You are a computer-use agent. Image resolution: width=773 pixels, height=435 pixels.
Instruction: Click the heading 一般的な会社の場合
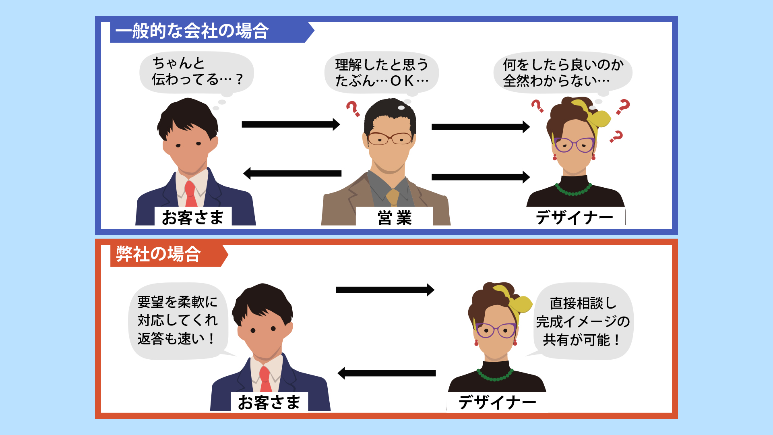click(192, 31)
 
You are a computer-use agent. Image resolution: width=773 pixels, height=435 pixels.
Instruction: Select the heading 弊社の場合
click(158, 255)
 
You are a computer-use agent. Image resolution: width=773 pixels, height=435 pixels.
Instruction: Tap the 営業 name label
click(394, 217)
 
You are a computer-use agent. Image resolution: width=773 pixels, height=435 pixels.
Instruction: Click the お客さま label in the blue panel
click(192, 217)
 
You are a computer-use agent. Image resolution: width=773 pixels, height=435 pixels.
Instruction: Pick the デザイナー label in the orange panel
click(497, 402)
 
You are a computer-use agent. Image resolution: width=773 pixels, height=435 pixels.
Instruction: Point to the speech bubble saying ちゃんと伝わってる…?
click(196, 72)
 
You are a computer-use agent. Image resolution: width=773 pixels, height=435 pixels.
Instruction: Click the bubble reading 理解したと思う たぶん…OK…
click(381, 72)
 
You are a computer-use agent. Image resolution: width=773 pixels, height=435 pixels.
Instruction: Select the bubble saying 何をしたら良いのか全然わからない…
click(562, 72)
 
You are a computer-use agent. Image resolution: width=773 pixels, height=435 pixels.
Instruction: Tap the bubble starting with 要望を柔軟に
click(178, 321)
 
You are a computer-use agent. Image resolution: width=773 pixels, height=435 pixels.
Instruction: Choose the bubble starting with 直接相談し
click(583, 321)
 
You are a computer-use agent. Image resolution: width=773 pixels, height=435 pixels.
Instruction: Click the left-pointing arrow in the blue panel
click(293, 174)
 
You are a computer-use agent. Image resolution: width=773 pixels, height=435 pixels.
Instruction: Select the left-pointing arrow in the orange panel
click(386, 373)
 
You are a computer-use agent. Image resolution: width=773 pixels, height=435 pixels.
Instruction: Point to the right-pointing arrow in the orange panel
click(385, 290)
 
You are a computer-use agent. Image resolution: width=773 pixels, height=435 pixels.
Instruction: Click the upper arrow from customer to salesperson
click(291, 124)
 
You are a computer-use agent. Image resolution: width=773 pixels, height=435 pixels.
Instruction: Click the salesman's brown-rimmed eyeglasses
click(389, 138)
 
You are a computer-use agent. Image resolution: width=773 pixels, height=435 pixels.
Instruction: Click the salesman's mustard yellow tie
click(393, 197)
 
